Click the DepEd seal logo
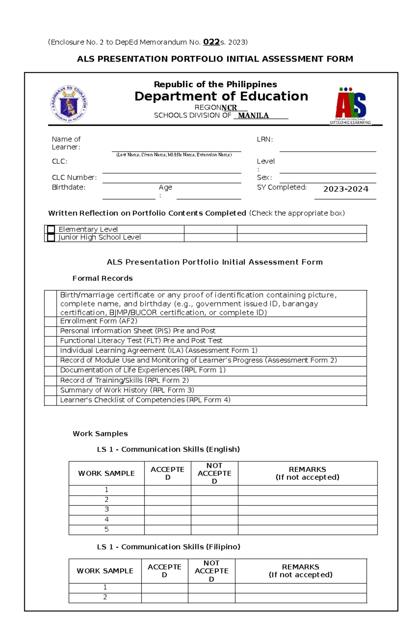coord(69,104)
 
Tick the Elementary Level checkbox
coord(51,229)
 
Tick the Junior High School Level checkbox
coord(51,237)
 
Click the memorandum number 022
coord(211,42)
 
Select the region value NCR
coord(229,108)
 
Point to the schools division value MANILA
coord(253,116)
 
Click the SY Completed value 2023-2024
coord(345,189)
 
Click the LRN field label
coord(264,139)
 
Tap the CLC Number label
coord(74,177)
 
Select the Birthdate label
coord(68,187)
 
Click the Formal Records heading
coord(103,278)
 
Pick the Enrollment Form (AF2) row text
coord(99,321)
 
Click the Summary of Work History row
coord(127,390)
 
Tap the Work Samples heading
coord(100,433)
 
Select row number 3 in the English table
coord(106,509)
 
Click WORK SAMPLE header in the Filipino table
coord(105,571)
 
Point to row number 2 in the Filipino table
coord(105,597)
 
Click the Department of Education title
coord(221,96)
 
